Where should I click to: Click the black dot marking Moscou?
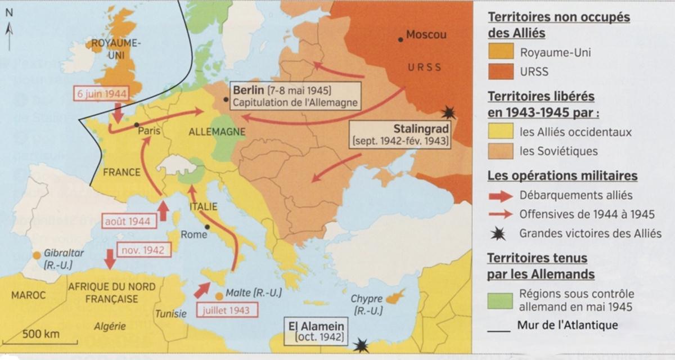(x=400, y=39)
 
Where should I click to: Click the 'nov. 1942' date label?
(x=142, y=250)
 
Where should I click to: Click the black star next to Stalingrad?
(x=448, y=112)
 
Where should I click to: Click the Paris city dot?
(x=137, y=124)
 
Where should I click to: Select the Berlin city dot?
(x=226, y=100)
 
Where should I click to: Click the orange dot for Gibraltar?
(x=37, y=255)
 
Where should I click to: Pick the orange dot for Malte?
(x=218, y=295)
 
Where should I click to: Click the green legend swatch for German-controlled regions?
(x=500, y=300)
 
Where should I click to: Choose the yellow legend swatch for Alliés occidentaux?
(x=500, y=132)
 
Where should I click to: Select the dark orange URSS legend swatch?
(x=500, y=71)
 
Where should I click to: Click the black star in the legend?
(x=500, y=233)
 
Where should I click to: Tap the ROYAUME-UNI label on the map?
(x=116, y=48)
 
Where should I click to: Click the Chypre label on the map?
(x=367, y=298)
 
